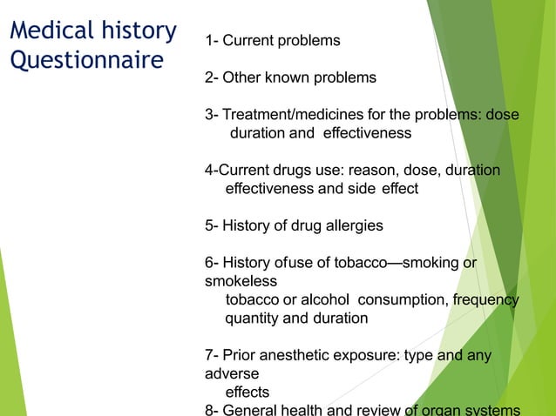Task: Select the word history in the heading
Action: pos(136,31)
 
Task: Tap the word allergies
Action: pos(349,225)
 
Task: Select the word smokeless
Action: pos(241,281)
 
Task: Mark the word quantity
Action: pos(253,319)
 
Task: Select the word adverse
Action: pos(231,373)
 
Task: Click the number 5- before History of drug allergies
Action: pos(212,225)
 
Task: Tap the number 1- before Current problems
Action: pos(212,41)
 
